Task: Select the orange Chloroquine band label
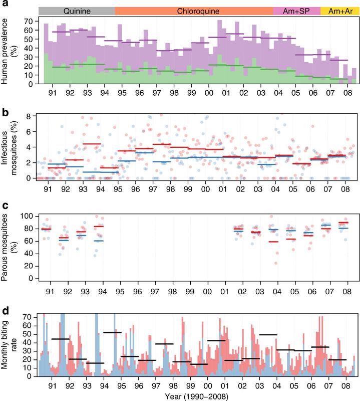pyautogui.click(x=193, y=11)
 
